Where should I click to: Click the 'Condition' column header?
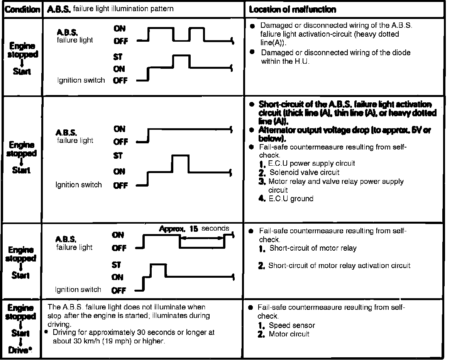point(22,9)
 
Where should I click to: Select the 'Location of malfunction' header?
point(292,9)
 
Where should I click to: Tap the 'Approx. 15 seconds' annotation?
point(194,229)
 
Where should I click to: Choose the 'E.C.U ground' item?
point(291,199)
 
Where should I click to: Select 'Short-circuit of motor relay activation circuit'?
point(339,265)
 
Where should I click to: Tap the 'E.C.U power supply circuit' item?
point(311,163)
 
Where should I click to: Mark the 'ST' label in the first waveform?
point(118,57)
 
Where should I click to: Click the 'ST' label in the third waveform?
point(116,265)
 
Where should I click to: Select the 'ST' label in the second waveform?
point(118,156)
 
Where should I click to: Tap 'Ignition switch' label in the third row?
point(78,290)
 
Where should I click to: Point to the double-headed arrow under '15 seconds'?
point(201,238)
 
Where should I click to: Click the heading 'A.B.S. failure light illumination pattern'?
point(110,9)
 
